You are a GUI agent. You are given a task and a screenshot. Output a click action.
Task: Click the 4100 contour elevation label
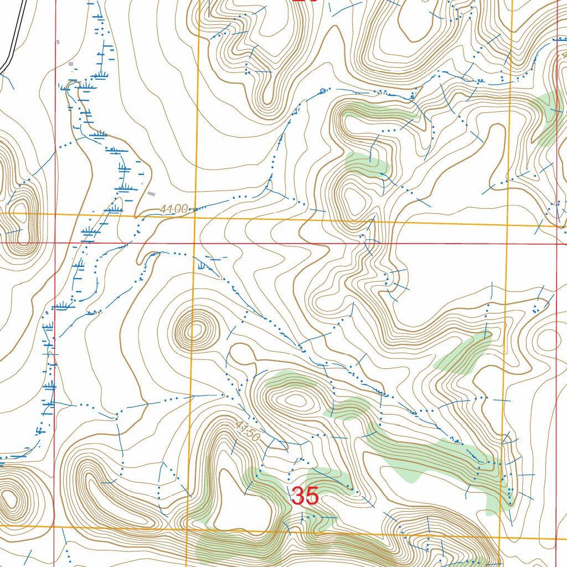(173, 209)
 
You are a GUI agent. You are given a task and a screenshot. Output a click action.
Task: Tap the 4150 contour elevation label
(248, 431)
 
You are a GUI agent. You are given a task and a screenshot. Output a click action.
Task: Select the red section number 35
(305, 496)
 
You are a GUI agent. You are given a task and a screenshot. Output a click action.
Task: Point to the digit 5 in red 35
(312, 496)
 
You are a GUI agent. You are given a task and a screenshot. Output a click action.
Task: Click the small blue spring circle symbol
(323, 90)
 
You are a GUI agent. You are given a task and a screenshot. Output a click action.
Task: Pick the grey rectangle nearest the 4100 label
(152, 193)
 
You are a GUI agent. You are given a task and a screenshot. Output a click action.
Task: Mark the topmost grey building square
(58, 42)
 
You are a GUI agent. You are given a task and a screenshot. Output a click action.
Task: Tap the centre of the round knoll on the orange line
(194, 332)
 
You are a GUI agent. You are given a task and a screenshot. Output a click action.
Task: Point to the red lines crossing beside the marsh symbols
(55, 243)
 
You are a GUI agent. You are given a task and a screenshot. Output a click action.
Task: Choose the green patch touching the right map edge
(548, 116)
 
